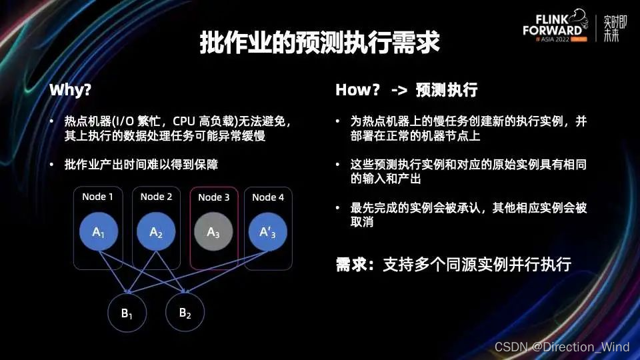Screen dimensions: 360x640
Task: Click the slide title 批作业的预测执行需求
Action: [x=319, y=43]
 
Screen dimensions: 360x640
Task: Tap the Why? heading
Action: [x=70, y=90]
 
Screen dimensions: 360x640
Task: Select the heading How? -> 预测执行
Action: [x=406, y=90]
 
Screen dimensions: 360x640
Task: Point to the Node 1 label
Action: [x=97, y=197]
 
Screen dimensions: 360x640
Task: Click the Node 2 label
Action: [x=156, y=197]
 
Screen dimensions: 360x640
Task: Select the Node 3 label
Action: [x=214, y=197]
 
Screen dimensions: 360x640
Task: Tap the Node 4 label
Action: [x=268, y=197]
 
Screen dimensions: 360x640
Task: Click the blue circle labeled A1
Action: [x=98, y=232]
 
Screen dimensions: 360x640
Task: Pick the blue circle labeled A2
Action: [x=156, y=232]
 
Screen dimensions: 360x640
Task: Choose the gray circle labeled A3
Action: [x=213, y=232]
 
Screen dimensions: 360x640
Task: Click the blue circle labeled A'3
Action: [x=268, y=232]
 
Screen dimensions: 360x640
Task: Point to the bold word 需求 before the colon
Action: [x=352, y=264]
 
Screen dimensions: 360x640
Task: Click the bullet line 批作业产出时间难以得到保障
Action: [x=141, y=164]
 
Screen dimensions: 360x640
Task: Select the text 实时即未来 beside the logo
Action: [x=611, y=29]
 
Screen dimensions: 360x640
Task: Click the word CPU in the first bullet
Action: [x=184, y=122]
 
